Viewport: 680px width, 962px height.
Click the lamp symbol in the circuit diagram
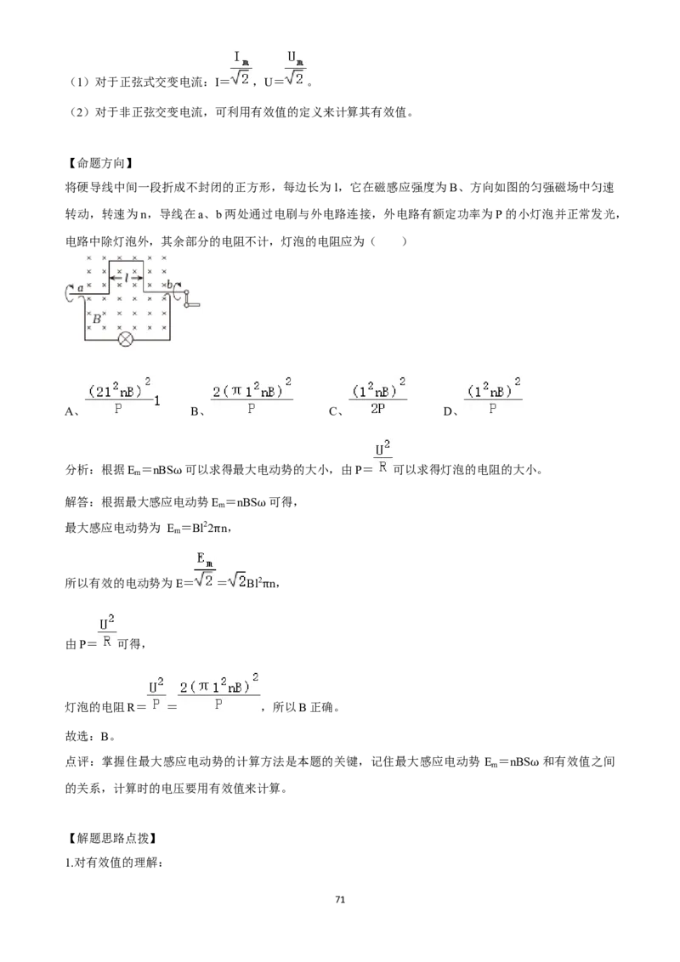[126, 339]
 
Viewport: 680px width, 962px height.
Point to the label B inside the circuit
[96, 319]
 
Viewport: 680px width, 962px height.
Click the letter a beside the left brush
[81, 287]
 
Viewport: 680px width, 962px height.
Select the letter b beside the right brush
[170, 285]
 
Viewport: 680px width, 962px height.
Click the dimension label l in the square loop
[127, 278]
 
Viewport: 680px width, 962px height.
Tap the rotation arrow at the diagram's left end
[67, 292]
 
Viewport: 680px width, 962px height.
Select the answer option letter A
[69, 411]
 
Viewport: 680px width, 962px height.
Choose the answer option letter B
[195, 411]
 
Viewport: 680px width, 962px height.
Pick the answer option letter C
[332, 411]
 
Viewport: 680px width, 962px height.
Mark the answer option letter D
[447, 411]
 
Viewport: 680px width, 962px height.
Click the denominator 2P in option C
[377, 408]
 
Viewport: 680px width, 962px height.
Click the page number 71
[340, 899]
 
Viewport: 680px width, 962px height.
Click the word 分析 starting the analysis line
[77, 470]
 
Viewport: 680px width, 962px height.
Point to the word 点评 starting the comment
[77, 761]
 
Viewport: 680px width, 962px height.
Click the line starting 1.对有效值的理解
[114, 863]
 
